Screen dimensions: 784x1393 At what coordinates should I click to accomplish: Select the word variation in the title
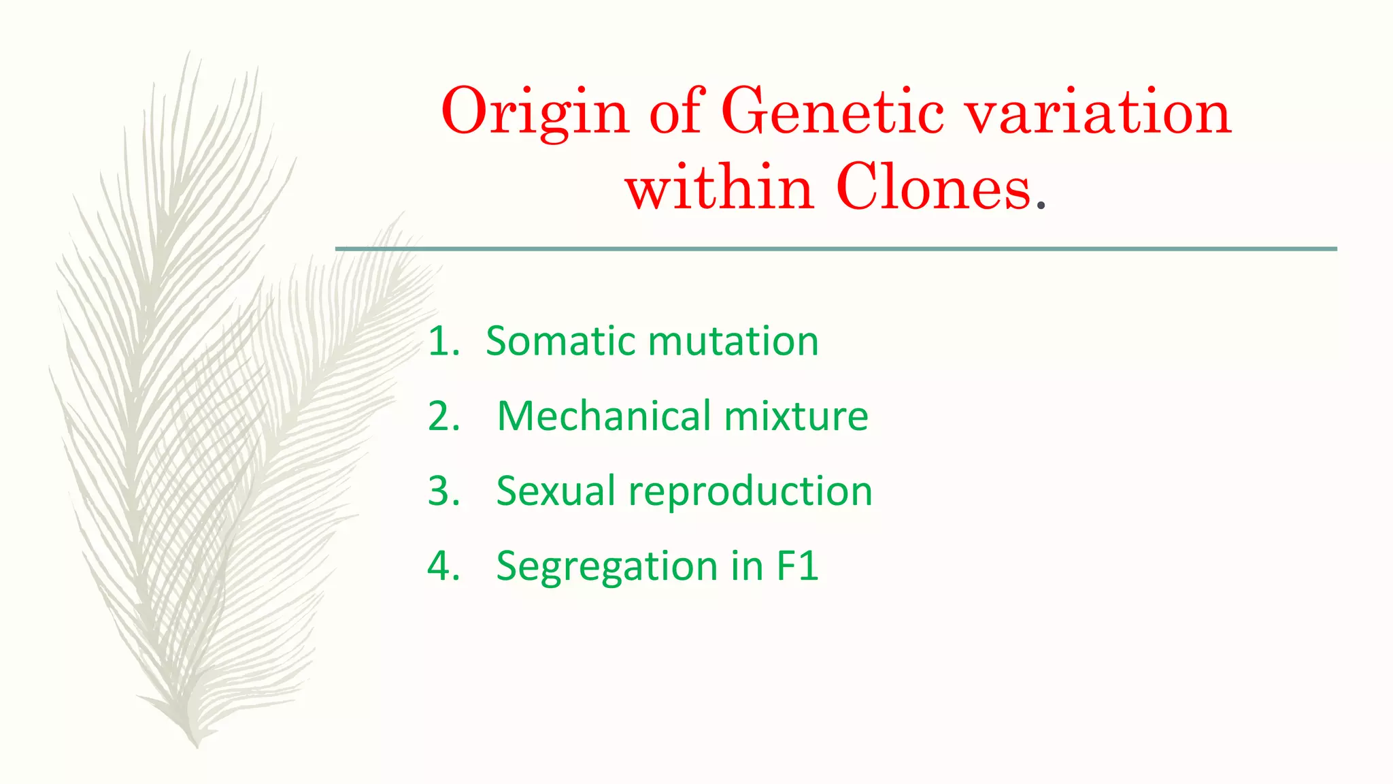coord(1098,112)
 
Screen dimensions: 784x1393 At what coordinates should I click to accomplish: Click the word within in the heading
coord(720,188)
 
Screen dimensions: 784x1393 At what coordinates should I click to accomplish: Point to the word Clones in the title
coord(933,188)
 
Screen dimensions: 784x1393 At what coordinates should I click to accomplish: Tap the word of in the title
coord(675,112)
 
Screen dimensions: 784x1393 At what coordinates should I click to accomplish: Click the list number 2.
coord(443,416)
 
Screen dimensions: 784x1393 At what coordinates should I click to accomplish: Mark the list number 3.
coord(443,491)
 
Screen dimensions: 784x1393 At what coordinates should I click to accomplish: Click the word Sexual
coord(556,491)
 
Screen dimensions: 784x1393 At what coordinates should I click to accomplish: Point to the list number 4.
coord(443,566)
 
